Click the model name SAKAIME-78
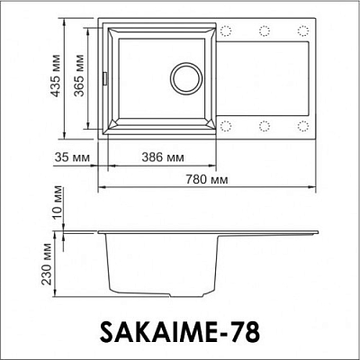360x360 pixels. tap(185, 334)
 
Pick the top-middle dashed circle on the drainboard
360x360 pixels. tap(264, 31)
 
